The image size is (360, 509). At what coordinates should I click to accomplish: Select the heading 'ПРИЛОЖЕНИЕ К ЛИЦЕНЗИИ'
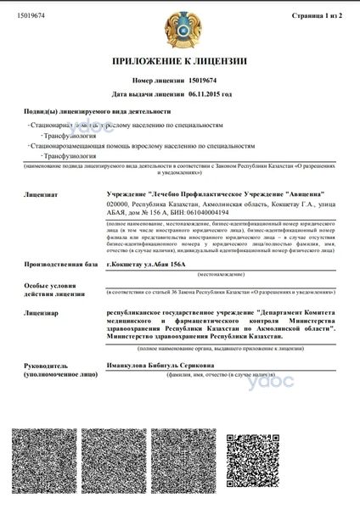(179, 63)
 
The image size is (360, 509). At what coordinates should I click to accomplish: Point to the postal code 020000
(121, 204)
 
